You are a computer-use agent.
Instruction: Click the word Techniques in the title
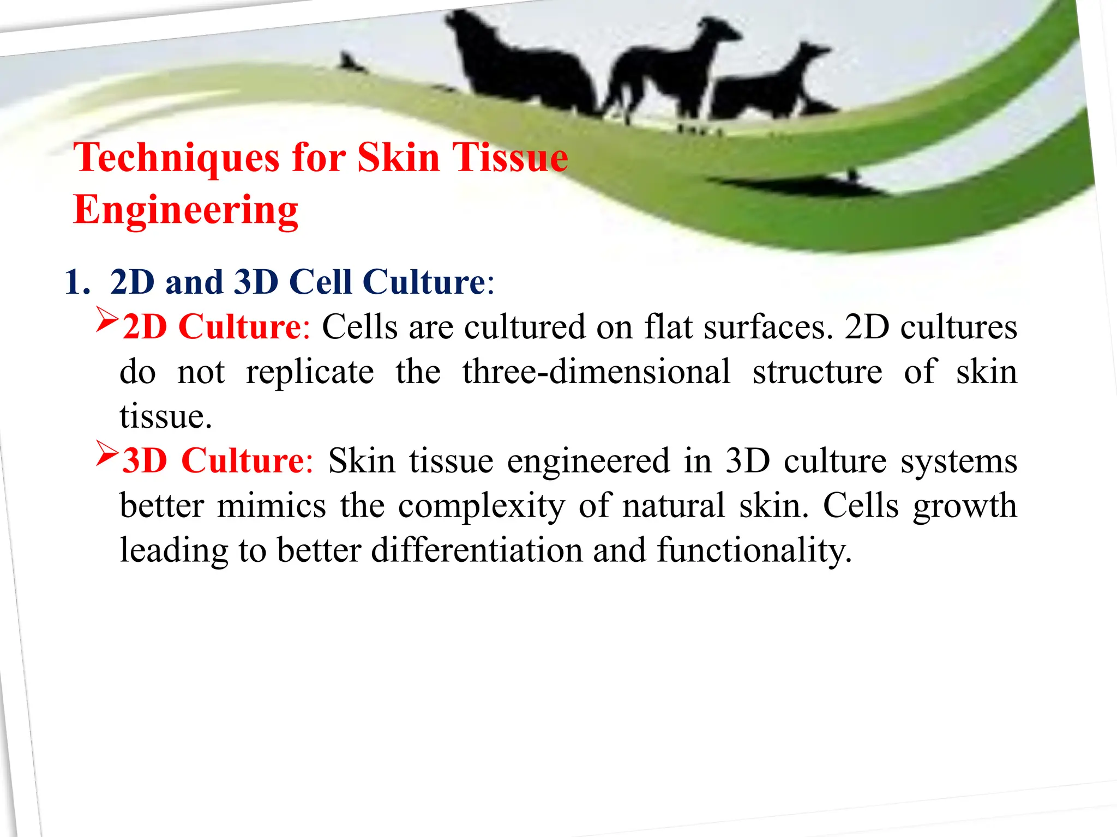click(x=176, y=158)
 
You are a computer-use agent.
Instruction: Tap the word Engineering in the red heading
click(x=185, y=210)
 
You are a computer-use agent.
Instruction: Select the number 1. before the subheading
click(x=77, y=282)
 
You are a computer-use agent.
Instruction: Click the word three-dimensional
click(x=596, y=372)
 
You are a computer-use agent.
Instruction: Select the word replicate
click(x=310, y=373)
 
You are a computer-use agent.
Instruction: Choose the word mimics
click(x=271, y=506)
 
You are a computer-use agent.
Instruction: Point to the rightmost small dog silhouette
click(x=769, y=87)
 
